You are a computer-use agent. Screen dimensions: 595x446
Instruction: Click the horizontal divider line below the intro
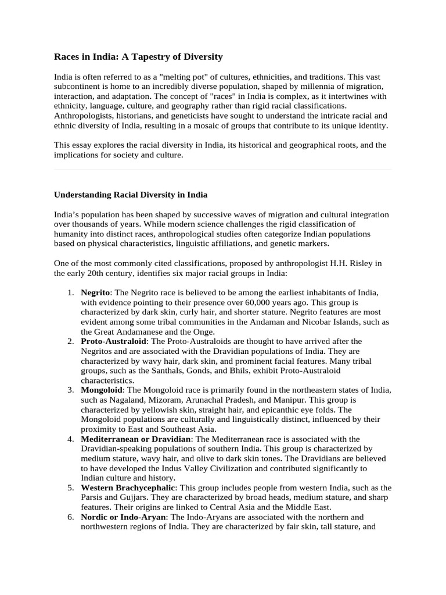tap(223, 170)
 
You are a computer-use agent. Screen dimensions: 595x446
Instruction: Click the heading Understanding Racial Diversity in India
tap(131, 194)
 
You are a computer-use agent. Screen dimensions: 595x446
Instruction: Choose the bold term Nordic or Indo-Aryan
tap(124, 517)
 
